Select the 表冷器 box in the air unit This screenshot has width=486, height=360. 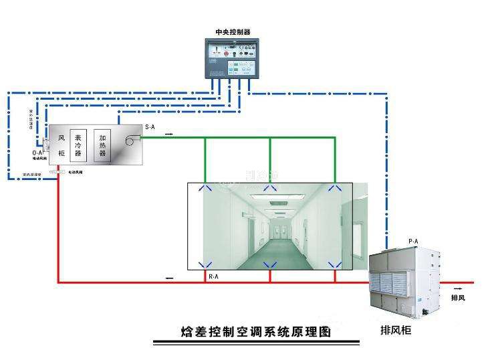pyautogui.click(x=78, y=143)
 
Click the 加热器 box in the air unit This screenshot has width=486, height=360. pyautogui.click(x=102, y=143)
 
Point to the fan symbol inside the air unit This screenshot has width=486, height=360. pyautogui.click(x=130, y=139)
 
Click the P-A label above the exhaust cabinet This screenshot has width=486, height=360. pyautogui.click(x=413, y=241)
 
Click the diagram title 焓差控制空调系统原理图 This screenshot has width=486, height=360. pyautogui.click(x=256, y=331)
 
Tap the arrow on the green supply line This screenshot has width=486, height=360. pyautogui.click(x=168, y=134)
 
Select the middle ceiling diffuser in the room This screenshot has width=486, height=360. pyautogui.click(x=270, y=189)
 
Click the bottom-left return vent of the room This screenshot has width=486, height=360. pyautogui.click(x=205, y=264)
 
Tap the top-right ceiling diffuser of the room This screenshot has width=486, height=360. pyautogui.click(x=335, y=189)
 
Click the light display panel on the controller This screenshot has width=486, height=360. pyautogui.click(x=239, y=67)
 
